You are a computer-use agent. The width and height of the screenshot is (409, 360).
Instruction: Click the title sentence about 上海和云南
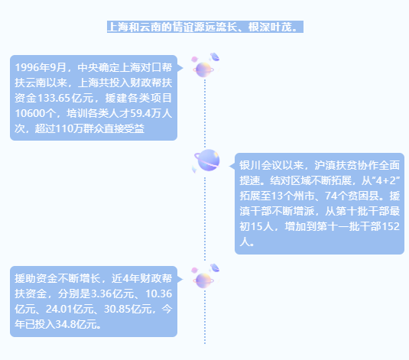point(205,27)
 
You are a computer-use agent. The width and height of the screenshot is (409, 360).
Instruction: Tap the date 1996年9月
point(41,67)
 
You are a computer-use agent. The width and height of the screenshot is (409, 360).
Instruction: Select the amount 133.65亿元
point(66,98)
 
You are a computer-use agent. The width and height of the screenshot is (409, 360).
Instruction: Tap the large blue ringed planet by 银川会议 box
point(206,161)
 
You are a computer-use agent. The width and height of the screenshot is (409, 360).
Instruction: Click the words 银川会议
point(261,165)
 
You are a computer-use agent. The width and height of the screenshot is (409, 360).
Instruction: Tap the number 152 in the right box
point(391,226)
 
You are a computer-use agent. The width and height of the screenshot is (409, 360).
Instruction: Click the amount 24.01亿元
point(70,309)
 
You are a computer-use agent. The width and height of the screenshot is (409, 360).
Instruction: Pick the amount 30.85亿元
point(128,309)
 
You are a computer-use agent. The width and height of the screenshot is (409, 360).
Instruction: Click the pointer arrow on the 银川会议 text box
point(232,166)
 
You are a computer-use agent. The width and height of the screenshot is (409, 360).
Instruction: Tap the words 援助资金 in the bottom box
point(36,279)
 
